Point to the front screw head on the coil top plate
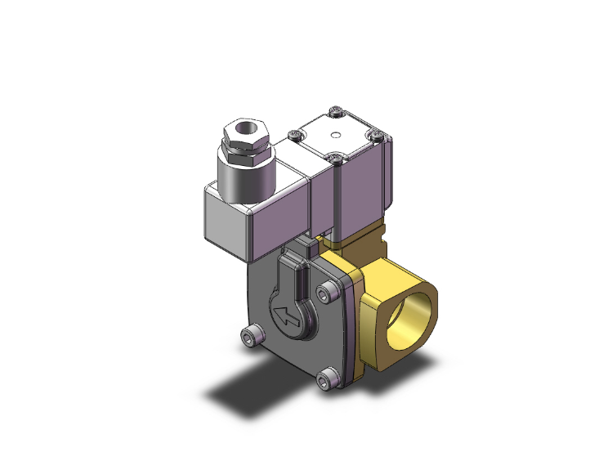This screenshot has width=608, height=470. (x=334, y=155)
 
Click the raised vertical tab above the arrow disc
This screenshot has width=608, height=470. (x=304, y=247)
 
